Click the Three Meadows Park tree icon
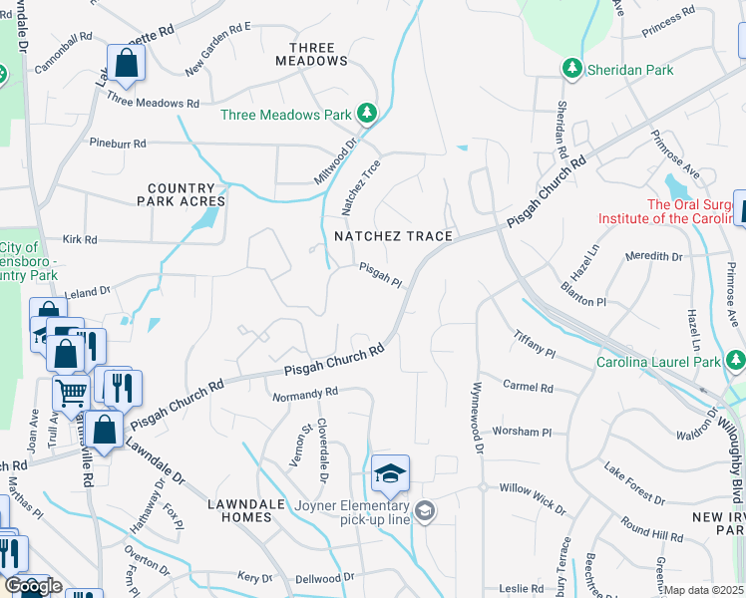(x=367, y=114)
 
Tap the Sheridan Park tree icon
(x=571, y=69)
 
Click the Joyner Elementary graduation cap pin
(x=390, y=474)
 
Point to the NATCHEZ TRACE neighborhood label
(x=394, y=236)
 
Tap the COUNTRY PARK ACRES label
(x=181, y=194)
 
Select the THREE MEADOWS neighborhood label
(x=318, y=54)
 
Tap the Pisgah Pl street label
(x=380, y=275)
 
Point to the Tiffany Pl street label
(x=534, y=344)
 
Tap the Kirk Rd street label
(x=79, y=240)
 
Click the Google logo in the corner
(x=32, y=586)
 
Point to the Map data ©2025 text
(x=704, y=591)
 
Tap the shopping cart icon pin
(x=71, y=393)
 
